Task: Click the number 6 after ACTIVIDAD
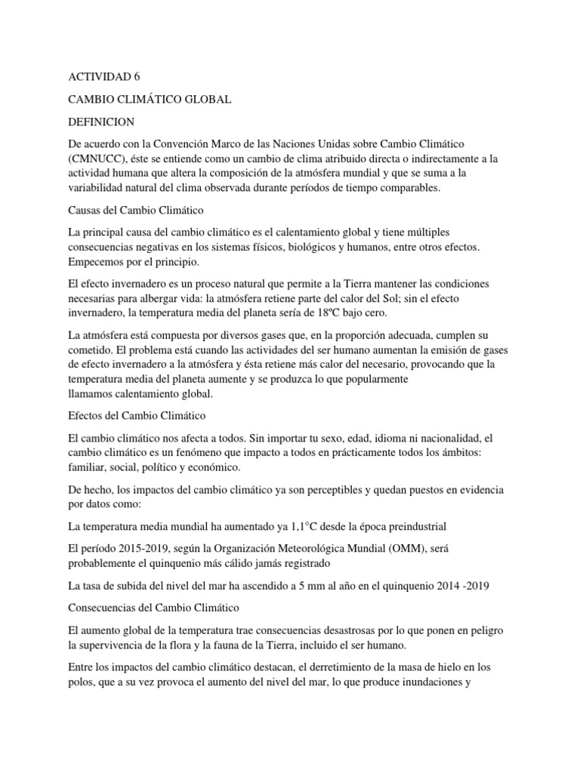[x=137, y=76]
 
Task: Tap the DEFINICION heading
[x=102, y=121]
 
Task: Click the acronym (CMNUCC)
[x=100, y=159]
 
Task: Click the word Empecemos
[x=100, y=263]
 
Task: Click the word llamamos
[x=94, y=394]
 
